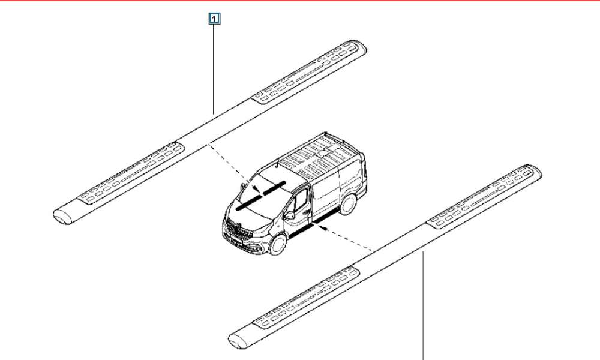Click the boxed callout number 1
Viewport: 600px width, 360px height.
tap(214, 19)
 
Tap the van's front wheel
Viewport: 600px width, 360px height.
tap(278, 244)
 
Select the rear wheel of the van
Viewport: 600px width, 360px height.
tap(347, 204)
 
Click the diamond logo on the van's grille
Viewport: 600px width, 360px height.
tap(236, 229)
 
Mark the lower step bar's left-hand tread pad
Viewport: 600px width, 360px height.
tap(306, 298)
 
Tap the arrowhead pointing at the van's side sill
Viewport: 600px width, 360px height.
tap(324, 229)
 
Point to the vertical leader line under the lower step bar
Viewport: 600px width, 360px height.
tap(423, 305)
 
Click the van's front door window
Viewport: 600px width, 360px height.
tap(301, 201)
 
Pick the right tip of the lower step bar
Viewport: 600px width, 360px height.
tap(541, 174)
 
